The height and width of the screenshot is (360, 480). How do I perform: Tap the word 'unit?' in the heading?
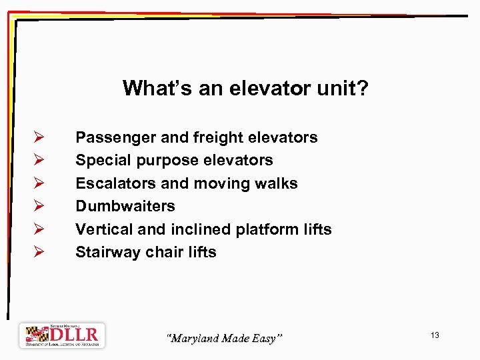point(340,88)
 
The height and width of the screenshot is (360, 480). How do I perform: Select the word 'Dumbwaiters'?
point(125,206)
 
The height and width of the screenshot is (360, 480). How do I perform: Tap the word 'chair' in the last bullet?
point(164,252)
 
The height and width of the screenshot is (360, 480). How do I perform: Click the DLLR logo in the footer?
point(61,335)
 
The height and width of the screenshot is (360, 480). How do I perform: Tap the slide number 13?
point(435,335)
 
